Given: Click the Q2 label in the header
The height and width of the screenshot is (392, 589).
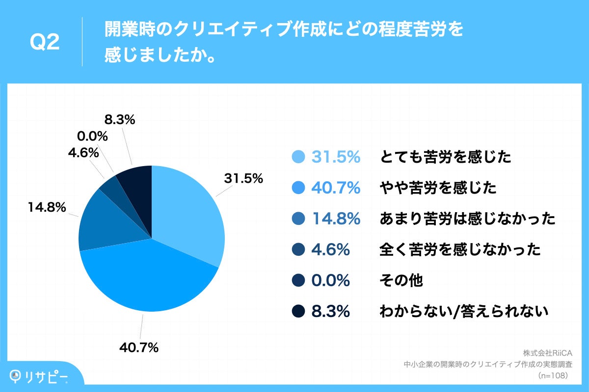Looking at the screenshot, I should tap(45, 43).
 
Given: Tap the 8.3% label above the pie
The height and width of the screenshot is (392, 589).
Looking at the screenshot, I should tap(120, 119).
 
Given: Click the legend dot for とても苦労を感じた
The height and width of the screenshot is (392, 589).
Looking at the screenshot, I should tap(298, 157).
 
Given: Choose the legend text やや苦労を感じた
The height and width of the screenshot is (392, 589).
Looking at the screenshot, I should tap(438, 188).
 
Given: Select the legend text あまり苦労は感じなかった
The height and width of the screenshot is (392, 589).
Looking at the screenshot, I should tap(467, 219).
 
